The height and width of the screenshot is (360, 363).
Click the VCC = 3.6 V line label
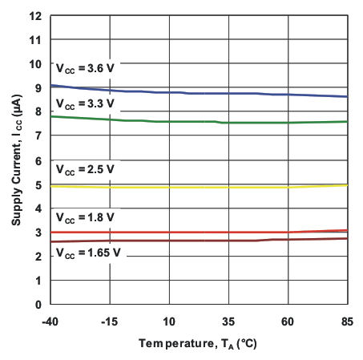(84, 68)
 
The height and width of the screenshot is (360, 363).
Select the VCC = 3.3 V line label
(84, 104)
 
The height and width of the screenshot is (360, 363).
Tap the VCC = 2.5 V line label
(84, 169)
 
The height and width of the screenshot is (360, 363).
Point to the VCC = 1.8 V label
(84, 216)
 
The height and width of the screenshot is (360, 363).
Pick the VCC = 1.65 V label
(87, 252)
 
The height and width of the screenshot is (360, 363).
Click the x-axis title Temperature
(199, 342)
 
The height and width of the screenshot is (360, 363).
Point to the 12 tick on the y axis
(36, 16)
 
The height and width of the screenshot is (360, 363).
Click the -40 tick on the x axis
(50, 321)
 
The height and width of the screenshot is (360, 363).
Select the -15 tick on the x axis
(110, 321)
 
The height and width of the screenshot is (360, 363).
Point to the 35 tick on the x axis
(228, 321)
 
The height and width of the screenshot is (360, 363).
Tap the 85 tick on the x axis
(347, 321)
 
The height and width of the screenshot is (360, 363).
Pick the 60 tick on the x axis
(288, 321)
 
